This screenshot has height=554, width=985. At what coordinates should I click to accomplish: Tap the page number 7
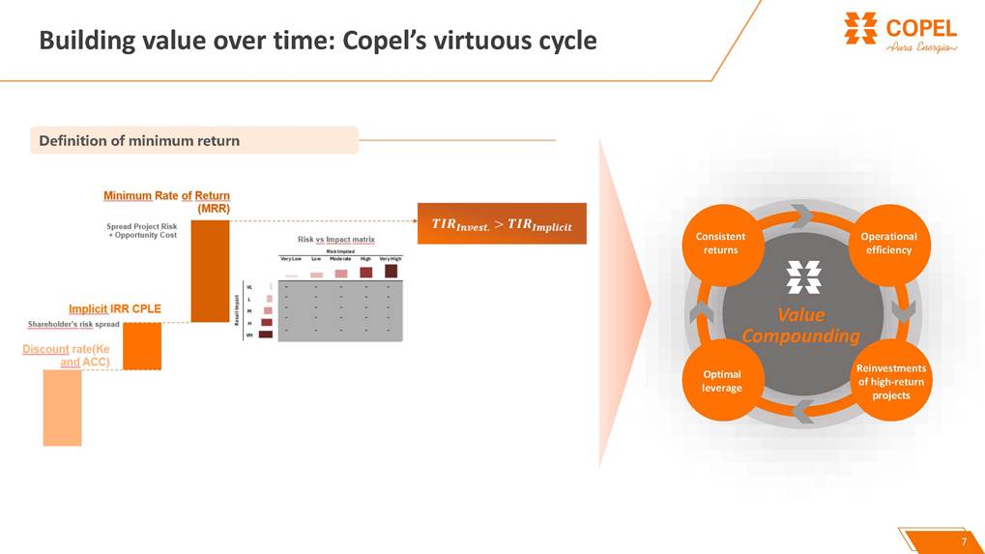(x=963, y=540)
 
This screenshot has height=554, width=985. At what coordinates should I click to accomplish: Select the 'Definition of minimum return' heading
(x=139, y=141)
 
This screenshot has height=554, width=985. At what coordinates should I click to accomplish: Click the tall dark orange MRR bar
(x=210, y=271)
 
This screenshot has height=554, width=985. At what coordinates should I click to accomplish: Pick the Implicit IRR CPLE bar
(x=142, y=346)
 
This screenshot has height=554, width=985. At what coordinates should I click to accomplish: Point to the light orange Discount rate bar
(x=62, y=407)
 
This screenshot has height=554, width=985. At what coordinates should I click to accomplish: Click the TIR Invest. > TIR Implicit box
(x=502, y=225)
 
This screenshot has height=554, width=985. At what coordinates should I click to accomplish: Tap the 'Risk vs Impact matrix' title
(x=335, y=239)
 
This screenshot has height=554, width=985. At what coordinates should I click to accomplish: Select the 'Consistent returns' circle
(x=721, y=243)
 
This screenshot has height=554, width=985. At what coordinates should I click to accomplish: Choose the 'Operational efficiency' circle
(x=888, y=243)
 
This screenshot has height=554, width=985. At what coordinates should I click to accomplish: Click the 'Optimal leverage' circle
(x=721, y=381)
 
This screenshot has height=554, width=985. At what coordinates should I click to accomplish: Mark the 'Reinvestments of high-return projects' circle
(x=890, y=381)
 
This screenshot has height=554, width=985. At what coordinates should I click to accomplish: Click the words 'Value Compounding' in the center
(x=801, y=326)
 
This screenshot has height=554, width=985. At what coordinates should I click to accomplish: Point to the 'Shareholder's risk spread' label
(x=73, y=325)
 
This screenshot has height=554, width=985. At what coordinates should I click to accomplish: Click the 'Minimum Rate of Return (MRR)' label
(x=167, y=201)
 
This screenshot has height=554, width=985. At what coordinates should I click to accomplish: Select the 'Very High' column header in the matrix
(x=391, y=259)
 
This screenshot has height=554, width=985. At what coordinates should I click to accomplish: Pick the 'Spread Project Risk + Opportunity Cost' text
(x=141, y=231)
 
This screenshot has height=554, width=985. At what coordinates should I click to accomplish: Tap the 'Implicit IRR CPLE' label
(x=115, y=309)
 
